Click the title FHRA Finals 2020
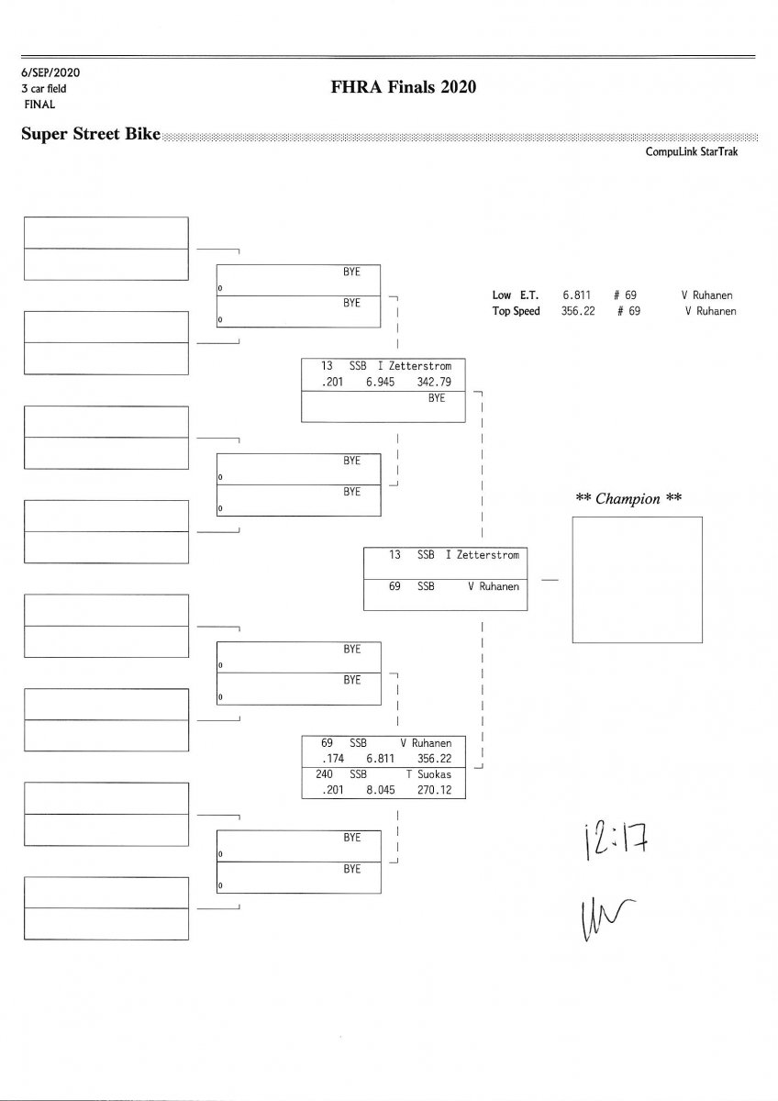(x=404, y=88)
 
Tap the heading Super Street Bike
(x=90, y=134)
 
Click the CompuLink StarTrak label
(x=691, y=152)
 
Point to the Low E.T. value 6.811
(x=576, y=295)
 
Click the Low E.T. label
(x=516, y=295)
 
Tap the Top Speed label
(x=516, y=311)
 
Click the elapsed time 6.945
(x=380, y=382)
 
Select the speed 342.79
(x=434, y=382)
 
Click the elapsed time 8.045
(x=380, y=790)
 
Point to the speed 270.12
(x=434, y=790)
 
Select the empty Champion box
(x=637, y=580)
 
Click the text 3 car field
(x=44, y=89)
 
